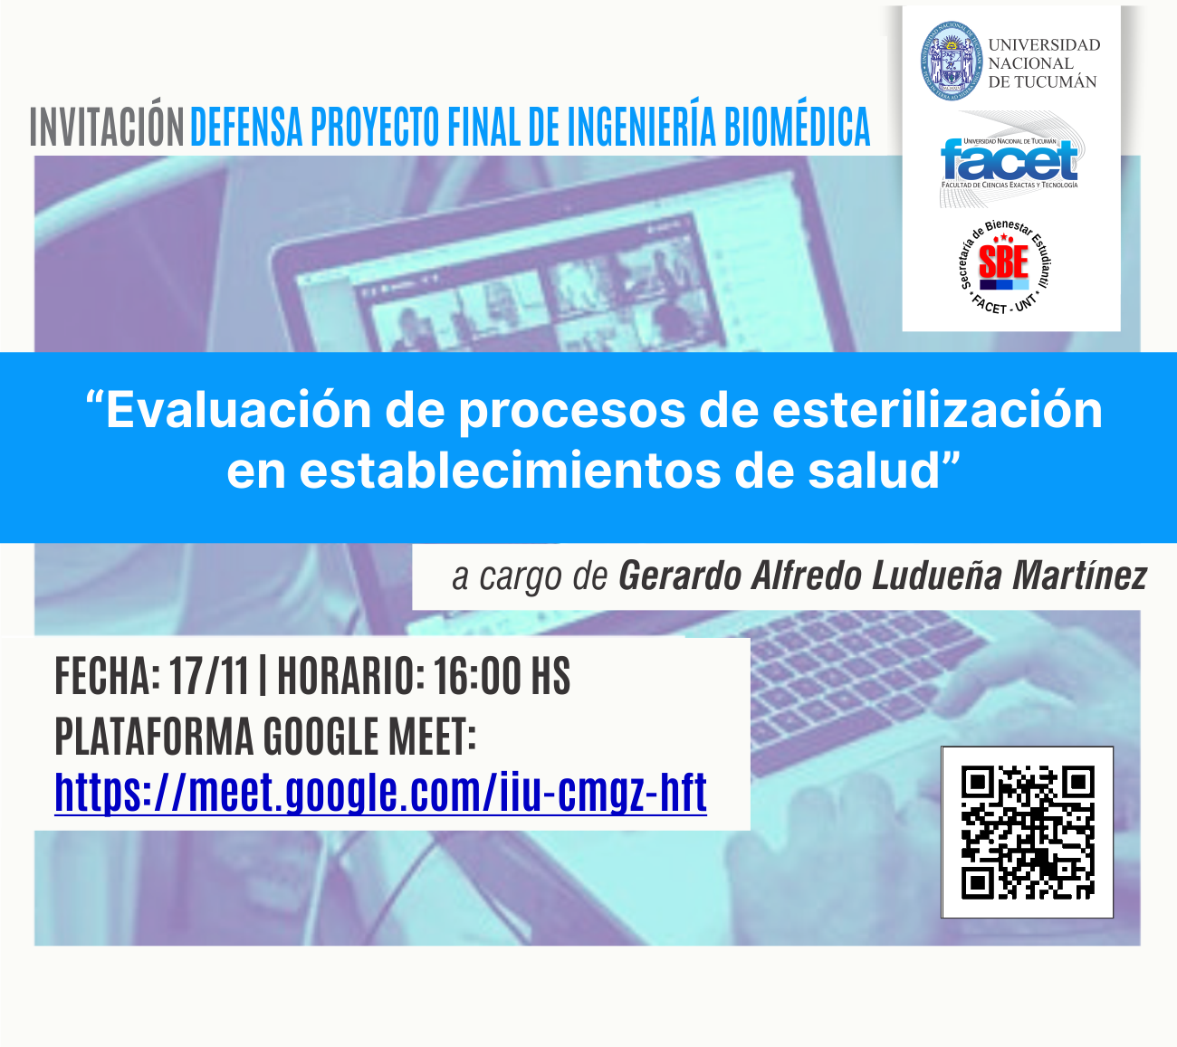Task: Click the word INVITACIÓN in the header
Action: pyautogui.click(x=107, y=127)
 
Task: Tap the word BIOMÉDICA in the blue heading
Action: pyautogui.click(x=798, y=127)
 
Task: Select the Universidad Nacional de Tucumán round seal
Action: pyautogui.click(x=951, y=61)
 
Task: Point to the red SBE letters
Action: pyautogui.click(x=1003, y=262)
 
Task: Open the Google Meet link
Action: pyautogui.click(x=380, y=794)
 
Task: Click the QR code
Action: pyautogui.click(x=1027, y=833)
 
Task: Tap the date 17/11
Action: pyautogui.click(x=210, y=676)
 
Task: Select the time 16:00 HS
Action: pyautogui.click(x=502, y=676)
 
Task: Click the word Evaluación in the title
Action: pyautogui.click(x=238, y=411)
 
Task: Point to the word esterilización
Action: pyautogui.click(x=936, y=411)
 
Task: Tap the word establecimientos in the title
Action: pyautogui.click(x=510, y=471)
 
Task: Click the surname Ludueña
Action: pyautogui.click(x=937, y=576)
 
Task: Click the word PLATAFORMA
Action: pyautogui.click(x=155, y=737)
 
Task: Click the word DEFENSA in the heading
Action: pyautogui.click(x=246, y=127)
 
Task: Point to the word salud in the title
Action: pyautogui.click(x=874, y=471)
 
